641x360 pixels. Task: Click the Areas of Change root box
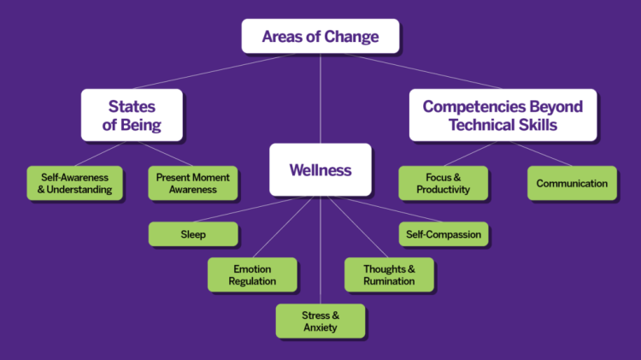click(320, 36)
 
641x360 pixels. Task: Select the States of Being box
click(132, 115)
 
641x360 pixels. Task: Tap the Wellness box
click(320, 169)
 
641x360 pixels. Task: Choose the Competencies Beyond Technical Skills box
click(503, 115)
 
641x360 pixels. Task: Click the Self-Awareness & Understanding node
click(75, 183)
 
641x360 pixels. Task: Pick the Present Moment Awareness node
click(193, 183)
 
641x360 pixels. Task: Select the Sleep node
click(193, 234)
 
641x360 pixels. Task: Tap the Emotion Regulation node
click(252, 274)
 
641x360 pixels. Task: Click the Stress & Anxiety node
click(320, 321)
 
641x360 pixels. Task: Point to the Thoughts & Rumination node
click(389, 274)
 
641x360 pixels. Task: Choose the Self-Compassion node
click(444, 234)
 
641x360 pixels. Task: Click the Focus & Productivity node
click(443, 183)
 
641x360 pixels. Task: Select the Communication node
click(572, 183)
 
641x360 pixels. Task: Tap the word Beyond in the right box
click(556, 106)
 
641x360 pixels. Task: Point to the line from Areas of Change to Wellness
click(320, 98)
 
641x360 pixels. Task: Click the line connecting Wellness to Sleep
click(249, 209)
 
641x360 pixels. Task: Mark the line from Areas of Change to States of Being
click(215, 71)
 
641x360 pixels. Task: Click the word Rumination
click(389, 281)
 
